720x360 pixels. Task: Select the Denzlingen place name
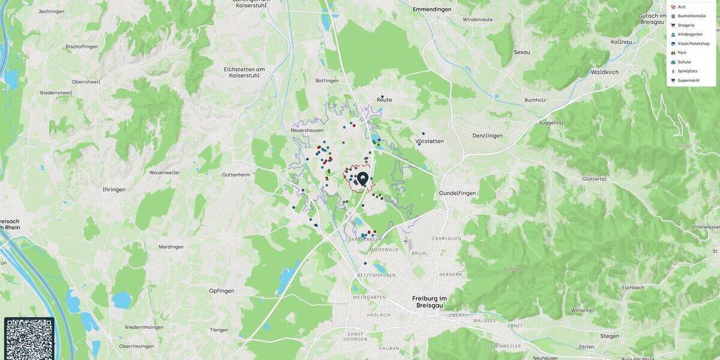pos(487,136)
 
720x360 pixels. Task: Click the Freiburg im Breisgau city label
pos(430,302)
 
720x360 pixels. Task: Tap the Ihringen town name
pos(114,190)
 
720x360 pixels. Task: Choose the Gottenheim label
pos(236,175)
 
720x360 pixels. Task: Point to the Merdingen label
pos(171,247)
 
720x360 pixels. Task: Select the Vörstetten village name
pos(430,142)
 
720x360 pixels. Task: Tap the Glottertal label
pos(594,179)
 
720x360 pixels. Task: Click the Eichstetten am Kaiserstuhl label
pos(244,73)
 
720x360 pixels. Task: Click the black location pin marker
pos(362,179)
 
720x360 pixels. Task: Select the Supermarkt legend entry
pos(688,80)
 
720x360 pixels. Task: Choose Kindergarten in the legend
pos(690,34)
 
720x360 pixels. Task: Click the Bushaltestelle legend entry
pos(691,16)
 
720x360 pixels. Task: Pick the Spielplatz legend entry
pos(688,71)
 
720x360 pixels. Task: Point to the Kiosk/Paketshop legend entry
pos(693,44)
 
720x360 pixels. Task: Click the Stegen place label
pos(609,336)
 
